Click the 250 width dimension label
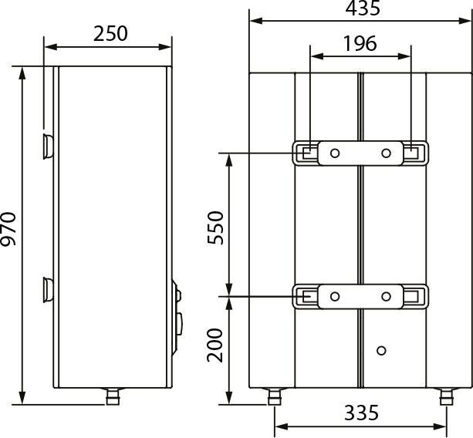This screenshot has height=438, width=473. click(x=110, y=33)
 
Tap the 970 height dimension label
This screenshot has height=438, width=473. click(x=8, y=229)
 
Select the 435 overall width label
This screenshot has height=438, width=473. click(x=363, y=8)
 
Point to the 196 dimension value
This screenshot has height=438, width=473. click(x=360, y=43)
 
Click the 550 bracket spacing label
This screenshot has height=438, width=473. click(x=216, y=227)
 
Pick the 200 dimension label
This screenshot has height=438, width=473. click(x=215, y=345)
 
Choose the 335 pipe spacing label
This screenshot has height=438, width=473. click(x=361, y=413)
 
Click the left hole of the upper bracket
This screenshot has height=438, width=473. click(x=335, y=153)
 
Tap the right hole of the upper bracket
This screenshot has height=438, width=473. click(x=386, y=153)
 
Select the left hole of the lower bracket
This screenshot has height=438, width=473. click(x=335, y=296)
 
